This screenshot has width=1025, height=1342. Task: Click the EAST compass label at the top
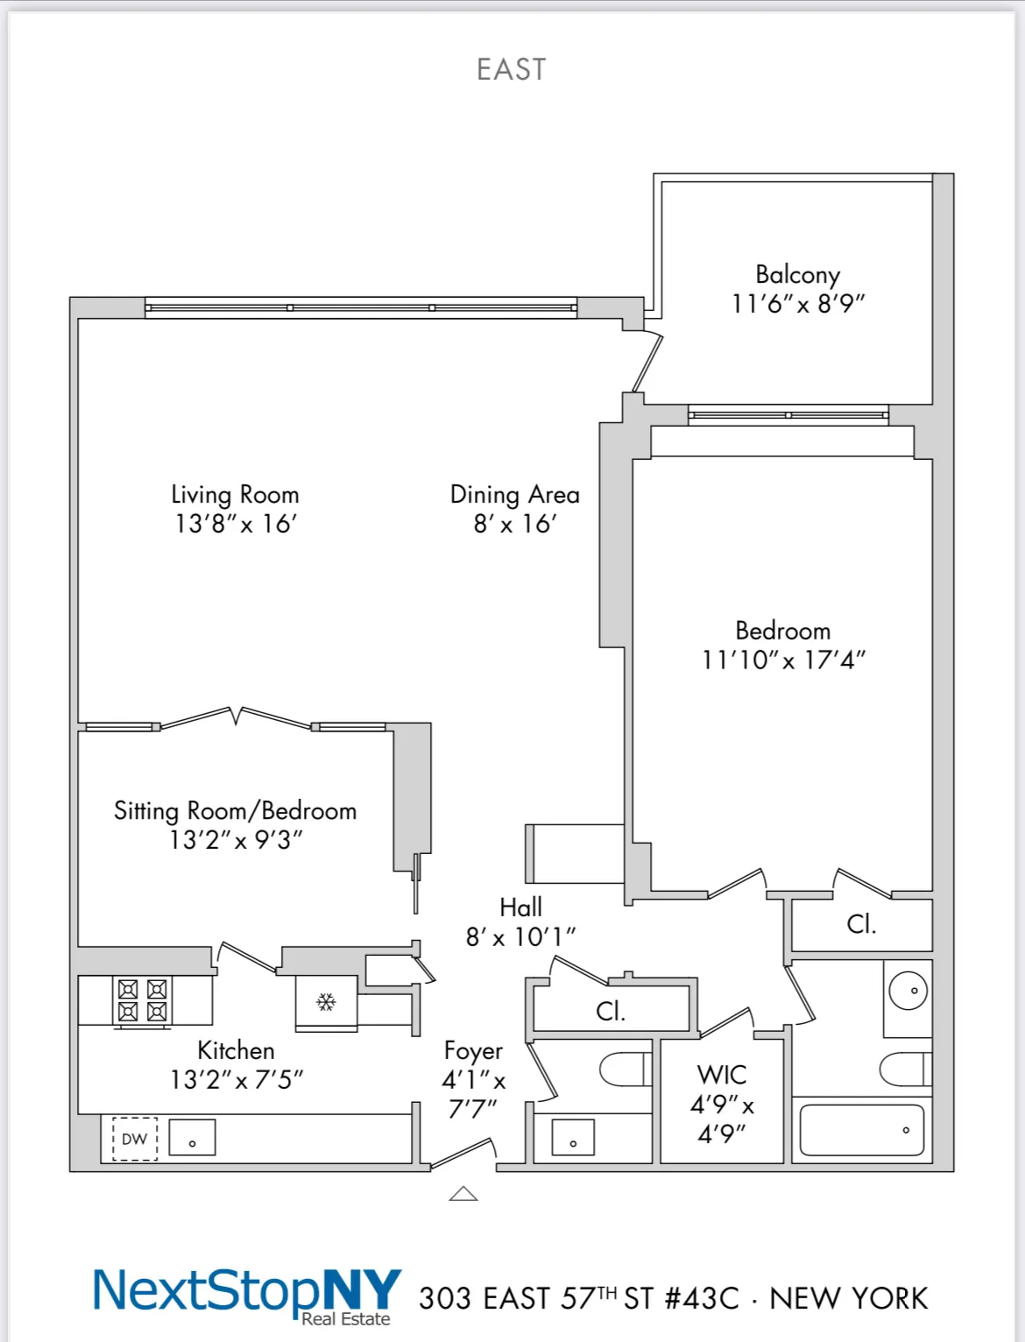pyautogui.click(x=512, y=69)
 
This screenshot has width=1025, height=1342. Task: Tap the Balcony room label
pyautogui.click(x=797, y=275)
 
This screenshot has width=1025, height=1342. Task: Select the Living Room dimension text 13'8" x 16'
pyautogui.click(x=236, y=524)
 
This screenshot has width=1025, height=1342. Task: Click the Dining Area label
pyautogui.click(x=514, y=495)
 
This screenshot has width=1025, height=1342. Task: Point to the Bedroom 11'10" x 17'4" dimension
pyautogui.click(x=783, y=660)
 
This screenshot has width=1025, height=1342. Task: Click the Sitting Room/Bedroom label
pyautogui.click(x=235, y=810)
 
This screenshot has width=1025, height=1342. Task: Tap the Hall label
pyautogui.click(x=520, y=907)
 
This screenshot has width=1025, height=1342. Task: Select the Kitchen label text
pyautogui.click(x=236, y=1050)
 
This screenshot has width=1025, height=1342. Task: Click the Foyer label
pyautogui.click(x=473, y=1050)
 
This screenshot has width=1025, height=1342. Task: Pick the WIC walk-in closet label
pyautogui.click(x=722, y=1075)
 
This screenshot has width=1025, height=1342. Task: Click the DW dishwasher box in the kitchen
pyautogui.click(x=135, y=1139)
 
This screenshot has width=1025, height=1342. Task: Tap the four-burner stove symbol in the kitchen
pyautogui.click(x=142, y=1000)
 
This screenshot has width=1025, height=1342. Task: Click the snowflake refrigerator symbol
pyautogui.click(x=326, y=1001)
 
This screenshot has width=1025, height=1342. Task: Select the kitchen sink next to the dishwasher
pyautogui.click(x=192, y=1138)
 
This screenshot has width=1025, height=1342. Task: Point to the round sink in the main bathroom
pyautogui.click(x=908, y=991)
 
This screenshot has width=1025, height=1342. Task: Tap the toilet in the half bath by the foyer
pyautogui.click(x=625, y=1070)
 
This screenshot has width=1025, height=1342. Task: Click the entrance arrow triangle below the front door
pyautogui.click(x=463, y=1193)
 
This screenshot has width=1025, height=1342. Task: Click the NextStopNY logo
pyautogui.click(x=247, y=1293)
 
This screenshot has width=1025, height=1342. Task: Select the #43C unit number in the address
pyautogui.click(x=702, y=1298)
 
